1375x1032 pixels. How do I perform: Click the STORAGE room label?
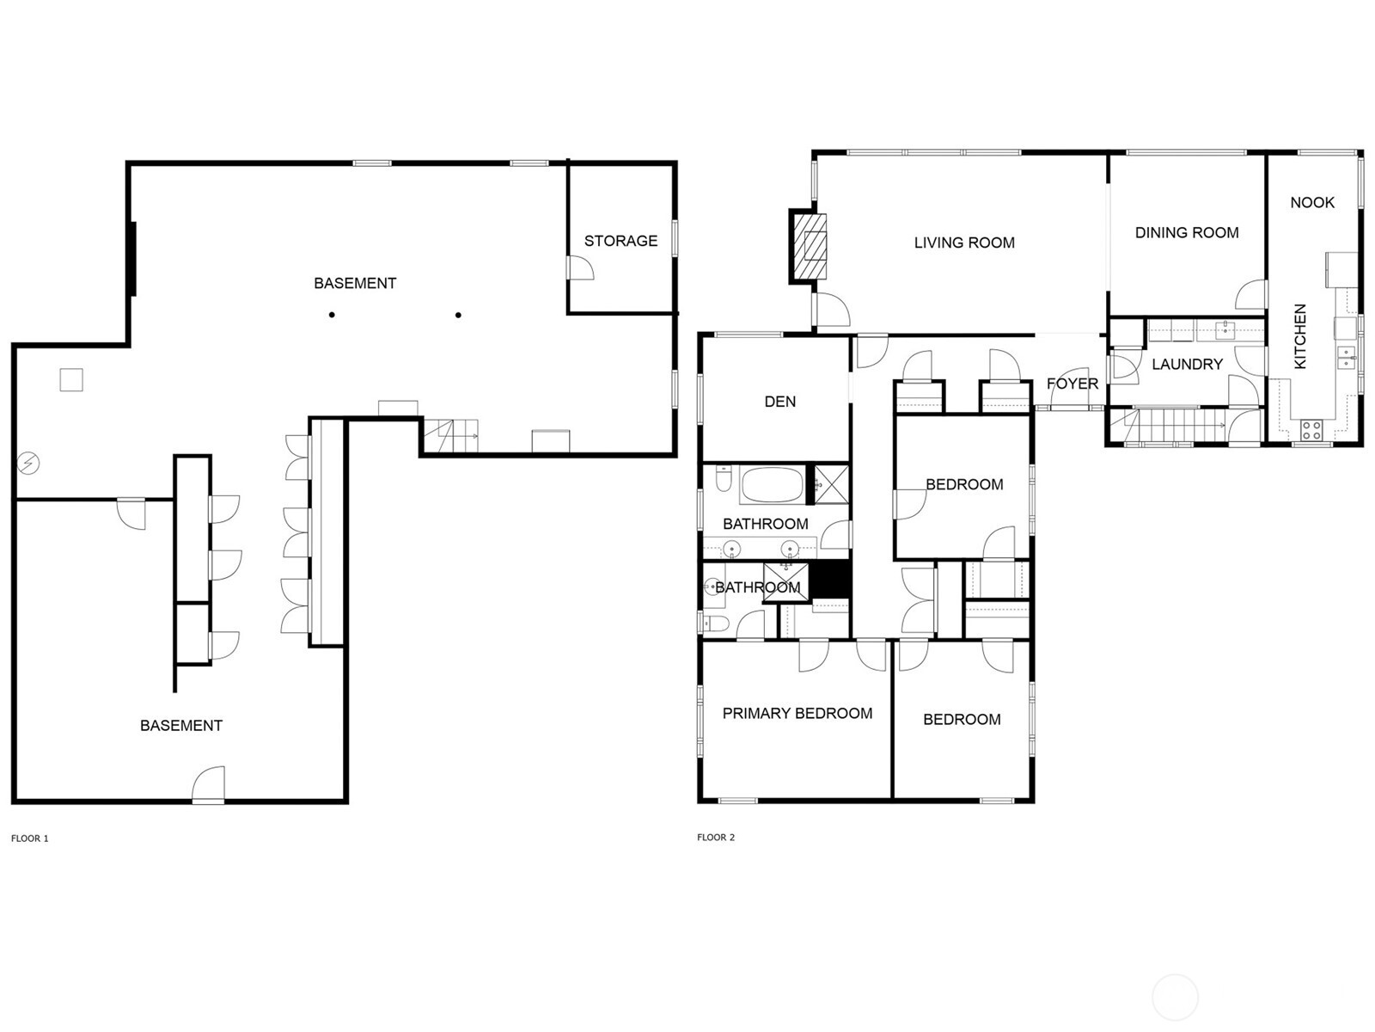click(x=620, y=241)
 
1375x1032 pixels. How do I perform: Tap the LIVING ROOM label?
click(x=964, y=243)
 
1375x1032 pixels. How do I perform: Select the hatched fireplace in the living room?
click(x=810, y=247)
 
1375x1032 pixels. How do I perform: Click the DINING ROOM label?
click(x=1187, y=232)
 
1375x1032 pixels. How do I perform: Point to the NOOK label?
click(x=1312, y=202)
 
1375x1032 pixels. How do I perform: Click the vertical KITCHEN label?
click(x=1300, y=336)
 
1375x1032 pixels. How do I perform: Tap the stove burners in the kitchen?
click(x=1311, y=429)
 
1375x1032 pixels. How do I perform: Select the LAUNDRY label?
click(x=1187, y=364)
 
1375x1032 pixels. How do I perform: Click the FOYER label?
click(x=1072, y=384)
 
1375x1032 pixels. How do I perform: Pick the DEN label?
click(x=780, y=402)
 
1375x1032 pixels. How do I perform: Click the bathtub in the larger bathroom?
click(x=771, y=485)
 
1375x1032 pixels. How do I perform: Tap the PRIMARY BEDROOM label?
click(x=797, y=713)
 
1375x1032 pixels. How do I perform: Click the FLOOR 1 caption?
click(x=30, y=838)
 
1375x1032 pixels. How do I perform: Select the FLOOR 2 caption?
click(x=716, y=838)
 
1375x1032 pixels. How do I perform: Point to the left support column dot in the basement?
click(x=332, y=315)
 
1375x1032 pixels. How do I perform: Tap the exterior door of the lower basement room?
click(x=209, y=785)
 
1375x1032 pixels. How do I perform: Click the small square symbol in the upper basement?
click(x=71, y=379)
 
